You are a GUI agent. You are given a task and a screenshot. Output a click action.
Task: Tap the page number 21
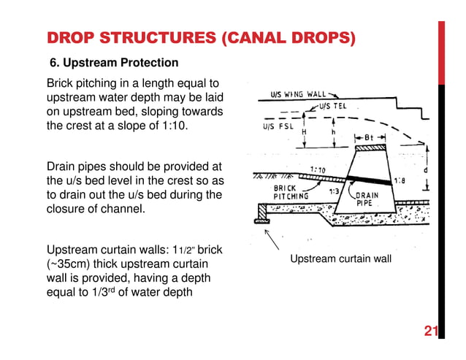430,333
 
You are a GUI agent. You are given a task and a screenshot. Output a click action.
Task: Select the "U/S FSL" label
279,125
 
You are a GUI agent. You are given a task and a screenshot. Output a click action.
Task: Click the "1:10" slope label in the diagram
318,170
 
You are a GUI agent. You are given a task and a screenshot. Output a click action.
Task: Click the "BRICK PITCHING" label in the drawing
291,191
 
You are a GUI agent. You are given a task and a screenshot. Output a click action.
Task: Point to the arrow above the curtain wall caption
272,240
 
